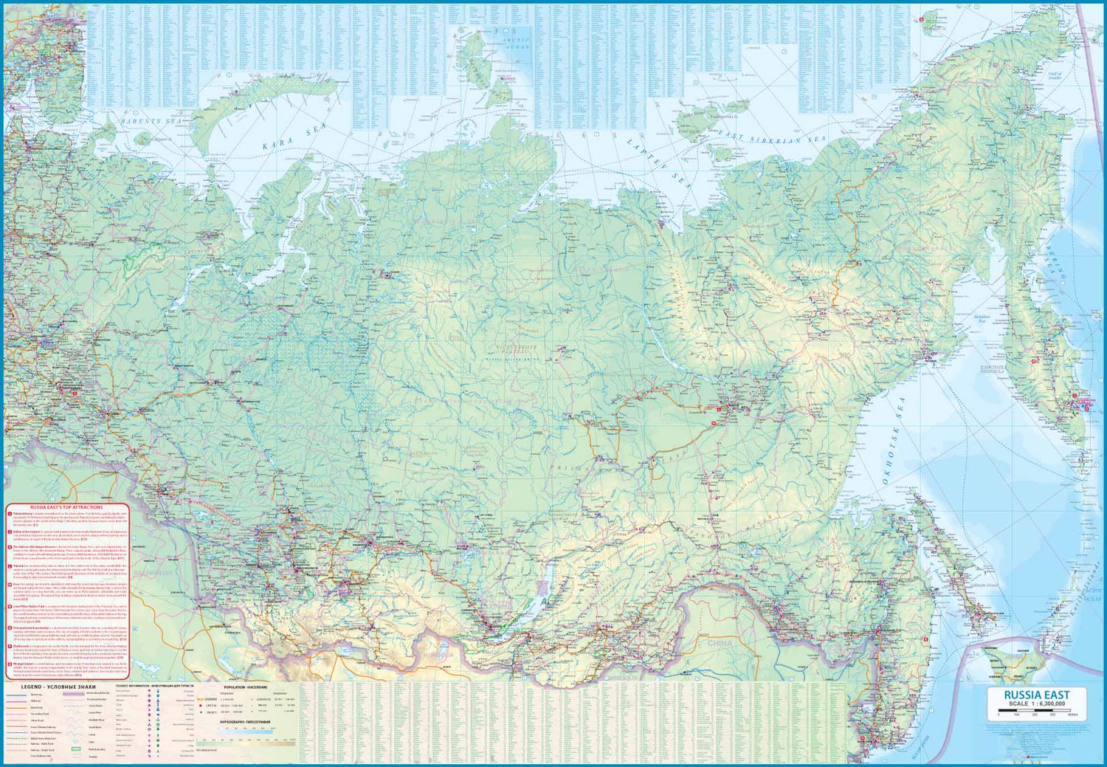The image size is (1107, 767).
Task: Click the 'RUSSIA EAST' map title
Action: click(1036, 695)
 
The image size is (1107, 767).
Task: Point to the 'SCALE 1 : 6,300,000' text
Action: click(1036, 704)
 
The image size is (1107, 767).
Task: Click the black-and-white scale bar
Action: click(1036, 710)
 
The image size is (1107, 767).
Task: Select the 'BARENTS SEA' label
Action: click(151, 120)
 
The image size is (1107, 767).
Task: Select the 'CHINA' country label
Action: click(720, 643)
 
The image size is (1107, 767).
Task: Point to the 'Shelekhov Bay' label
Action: click(982, 319)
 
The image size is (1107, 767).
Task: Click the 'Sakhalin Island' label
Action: click(959, 581)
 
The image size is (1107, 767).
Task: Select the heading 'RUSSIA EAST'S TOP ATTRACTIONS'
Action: click(67, 507)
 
